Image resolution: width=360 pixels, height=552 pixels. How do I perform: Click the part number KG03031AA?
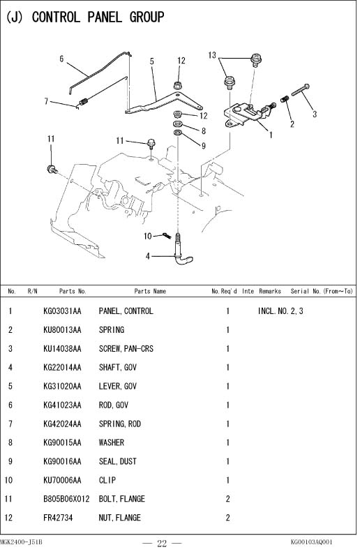62,311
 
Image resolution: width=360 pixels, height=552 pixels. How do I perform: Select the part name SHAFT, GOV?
117,368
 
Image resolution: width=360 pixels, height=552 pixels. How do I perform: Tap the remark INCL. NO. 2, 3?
280,311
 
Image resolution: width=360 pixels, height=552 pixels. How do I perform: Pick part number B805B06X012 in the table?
66,499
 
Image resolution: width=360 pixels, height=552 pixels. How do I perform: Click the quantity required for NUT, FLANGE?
227,518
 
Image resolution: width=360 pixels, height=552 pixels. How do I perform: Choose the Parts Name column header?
150,291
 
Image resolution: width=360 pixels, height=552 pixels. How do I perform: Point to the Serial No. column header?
322,291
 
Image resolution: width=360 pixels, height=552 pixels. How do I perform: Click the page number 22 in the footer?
162,544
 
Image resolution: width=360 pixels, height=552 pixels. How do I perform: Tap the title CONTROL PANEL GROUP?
98,17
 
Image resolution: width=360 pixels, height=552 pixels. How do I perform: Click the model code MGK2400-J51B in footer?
21,542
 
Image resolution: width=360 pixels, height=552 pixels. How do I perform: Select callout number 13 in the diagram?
212,55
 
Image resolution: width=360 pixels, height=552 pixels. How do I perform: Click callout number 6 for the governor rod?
61,59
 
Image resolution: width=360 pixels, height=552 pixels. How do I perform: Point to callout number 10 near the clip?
148,236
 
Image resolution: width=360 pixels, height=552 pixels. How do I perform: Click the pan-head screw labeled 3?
300,90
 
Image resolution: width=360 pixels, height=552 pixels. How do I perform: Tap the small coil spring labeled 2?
285,99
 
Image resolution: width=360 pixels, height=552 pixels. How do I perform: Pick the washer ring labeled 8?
178,124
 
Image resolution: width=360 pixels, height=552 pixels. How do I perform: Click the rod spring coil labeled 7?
84,102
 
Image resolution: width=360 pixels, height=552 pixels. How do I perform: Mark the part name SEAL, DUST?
117,461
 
